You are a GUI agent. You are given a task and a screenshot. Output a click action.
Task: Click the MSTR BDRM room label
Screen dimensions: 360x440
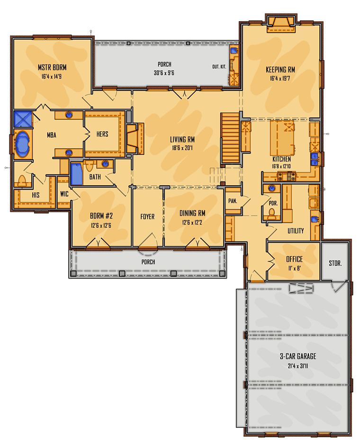[52, 67]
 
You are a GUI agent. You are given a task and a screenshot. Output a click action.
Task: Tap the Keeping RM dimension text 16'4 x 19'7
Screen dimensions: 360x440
[280, 78]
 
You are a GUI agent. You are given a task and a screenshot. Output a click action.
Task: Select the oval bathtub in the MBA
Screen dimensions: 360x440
[23, 144]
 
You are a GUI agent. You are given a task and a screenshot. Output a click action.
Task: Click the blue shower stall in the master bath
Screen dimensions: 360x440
[23, 119]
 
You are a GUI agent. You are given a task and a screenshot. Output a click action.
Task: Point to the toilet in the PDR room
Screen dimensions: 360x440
[271, 213]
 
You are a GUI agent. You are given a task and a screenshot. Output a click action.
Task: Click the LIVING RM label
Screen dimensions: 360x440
[182, 139]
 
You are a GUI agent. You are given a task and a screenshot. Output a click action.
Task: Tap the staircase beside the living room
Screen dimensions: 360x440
[230, 138]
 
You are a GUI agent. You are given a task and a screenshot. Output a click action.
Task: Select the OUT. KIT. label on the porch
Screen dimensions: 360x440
[219, 67]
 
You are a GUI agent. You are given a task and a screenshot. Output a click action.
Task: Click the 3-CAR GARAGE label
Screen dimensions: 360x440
[298, 356]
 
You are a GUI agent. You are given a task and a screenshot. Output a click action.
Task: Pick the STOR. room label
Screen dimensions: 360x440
[335, 263]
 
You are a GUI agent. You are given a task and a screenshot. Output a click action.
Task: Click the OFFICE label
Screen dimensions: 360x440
[294, 259]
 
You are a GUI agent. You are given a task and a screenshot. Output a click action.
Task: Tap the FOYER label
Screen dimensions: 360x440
[148, 216]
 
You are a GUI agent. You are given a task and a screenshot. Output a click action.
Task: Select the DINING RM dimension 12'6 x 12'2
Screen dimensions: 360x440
[192, 223]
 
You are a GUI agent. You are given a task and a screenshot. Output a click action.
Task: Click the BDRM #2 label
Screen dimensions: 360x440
[101, 216]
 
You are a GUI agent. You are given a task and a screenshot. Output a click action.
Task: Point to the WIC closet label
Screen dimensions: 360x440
[64, 194]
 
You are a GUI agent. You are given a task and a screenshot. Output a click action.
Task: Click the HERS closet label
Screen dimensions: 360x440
[102, 134]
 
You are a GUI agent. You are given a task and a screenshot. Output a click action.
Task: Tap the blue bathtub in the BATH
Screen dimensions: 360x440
[76, 174]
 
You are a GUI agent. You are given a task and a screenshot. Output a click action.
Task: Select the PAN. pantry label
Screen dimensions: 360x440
[233, 201]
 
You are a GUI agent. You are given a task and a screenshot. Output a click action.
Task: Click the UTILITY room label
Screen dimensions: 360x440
[296, 231]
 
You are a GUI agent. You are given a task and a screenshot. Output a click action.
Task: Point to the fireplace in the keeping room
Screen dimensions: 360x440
[281, 25]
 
